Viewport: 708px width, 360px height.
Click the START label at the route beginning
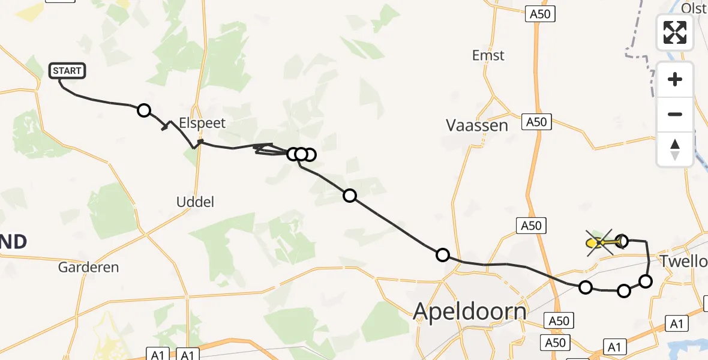pos(67,71)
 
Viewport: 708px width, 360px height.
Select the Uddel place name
pos(196,202)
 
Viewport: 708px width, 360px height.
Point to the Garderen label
pos(89,267)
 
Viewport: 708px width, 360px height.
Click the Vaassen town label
pos(477,125)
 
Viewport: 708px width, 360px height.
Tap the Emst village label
pos(488,55)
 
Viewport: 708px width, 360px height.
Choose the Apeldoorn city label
pos(470,311)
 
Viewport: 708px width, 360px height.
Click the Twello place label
pos(683,262)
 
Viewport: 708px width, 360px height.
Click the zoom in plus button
pos(675,79)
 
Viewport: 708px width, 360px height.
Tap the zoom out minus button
pos(675,114)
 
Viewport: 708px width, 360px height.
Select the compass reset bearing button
pos(675,149)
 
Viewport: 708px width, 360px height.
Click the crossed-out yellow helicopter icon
pos(599,242)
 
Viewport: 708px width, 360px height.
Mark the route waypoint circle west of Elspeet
pos(144,110)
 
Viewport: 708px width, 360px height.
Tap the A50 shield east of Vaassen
pos(536,122)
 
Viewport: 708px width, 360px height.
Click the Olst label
pos(694,8)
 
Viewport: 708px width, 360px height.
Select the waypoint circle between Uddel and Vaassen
pos(349,195)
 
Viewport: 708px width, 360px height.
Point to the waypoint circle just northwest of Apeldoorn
pos(442,255)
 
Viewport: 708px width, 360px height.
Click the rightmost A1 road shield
pos(677,324)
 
